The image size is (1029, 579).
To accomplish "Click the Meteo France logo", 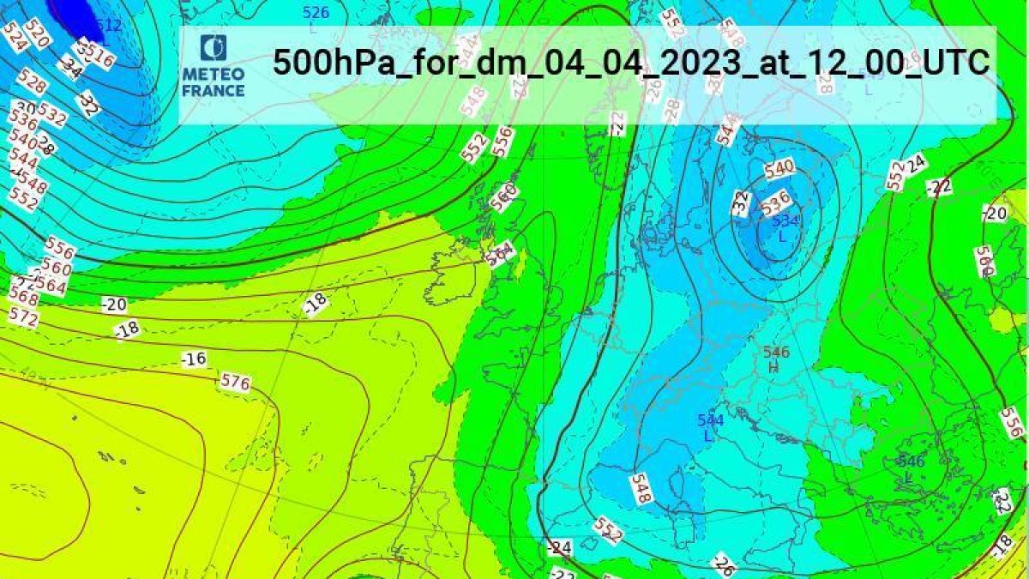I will click(213, 66).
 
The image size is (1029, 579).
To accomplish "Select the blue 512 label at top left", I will click(109, 26).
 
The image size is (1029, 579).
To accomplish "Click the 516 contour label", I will click(100, 58).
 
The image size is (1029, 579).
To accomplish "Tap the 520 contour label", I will click(37, 34).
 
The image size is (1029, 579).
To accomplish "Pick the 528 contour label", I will click(32, 84).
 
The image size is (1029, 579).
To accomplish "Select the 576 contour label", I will click(235, 382).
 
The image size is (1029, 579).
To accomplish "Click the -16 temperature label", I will click(195, 359).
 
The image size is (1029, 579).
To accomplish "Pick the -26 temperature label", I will click(725, 564).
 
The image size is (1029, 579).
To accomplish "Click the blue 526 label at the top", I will click(316, 13).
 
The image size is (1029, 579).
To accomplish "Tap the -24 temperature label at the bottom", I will click(560, 547).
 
